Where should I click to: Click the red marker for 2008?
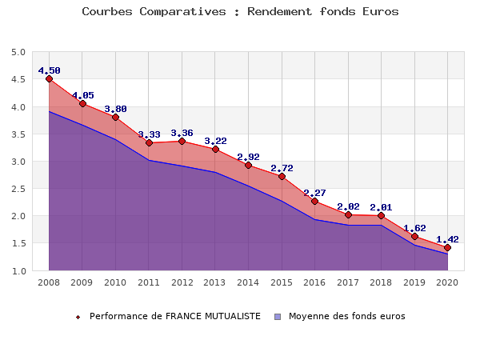click(x=49, y=79)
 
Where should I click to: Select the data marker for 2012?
click(x=182, y=142)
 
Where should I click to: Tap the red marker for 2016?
click(x=314, y=201)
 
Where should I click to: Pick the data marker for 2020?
click(x=447, y=247)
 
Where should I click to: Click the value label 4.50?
click(x=49, y=70)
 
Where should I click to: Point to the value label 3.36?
click(x=182, y=133)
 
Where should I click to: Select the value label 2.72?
click(x=282, y=168)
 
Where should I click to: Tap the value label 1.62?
click(x=414, y=228)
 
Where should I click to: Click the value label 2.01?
click(x=381, y=207)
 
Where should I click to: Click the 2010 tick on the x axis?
click(x=115, y=282)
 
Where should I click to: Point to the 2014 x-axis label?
click(x=248, y=282)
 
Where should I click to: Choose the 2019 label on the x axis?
click(x=414, y=282)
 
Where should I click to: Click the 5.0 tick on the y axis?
click(x=18, y=52)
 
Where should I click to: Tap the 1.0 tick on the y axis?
click(x=18, y=270)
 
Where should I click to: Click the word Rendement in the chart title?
click(x=282, y=12)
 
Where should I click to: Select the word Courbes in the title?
click(x=108, y=12)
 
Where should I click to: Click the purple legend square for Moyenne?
click(x=278, y=316)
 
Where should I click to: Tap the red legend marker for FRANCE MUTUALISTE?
click(x=78, y=316)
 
